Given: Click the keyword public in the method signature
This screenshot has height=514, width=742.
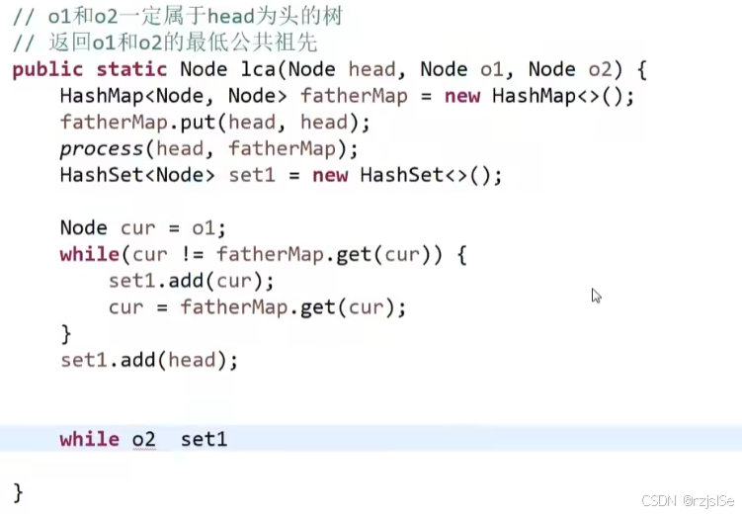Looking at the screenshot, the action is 48,70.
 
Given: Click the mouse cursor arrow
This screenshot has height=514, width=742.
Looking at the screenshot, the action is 596,296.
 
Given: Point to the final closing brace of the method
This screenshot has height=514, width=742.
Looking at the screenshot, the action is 18,491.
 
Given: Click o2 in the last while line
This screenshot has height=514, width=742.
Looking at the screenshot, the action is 144,439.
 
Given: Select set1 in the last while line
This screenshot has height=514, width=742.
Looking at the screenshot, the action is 204,439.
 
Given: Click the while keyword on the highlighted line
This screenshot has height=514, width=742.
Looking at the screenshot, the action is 89,439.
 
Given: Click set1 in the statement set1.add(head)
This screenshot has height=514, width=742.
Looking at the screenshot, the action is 83,361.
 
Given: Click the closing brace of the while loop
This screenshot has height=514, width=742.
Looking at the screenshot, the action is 66,333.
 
